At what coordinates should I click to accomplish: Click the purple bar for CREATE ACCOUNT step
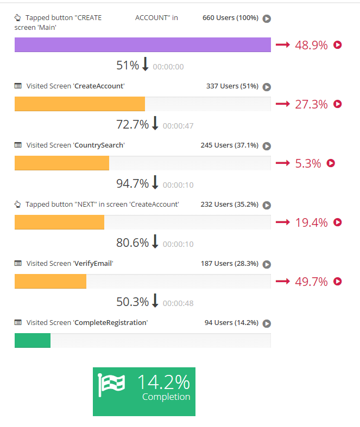(x=142, y=45)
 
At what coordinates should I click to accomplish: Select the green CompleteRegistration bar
(x=33, y=340)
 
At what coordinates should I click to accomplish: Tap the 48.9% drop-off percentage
(x=311, y=45)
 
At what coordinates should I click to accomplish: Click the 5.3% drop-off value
(x=308, y=163)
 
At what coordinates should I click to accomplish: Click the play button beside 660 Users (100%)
(x=267, y=18)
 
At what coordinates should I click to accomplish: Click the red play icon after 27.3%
(x=338, y=104)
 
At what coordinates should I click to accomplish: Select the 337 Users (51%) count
(x=232, y=86)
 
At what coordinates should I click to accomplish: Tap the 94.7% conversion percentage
(x=132, y=184)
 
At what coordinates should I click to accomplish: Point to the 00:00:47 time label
(x=178, y=126)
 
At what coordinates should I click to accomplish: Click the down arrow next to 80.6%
(x=155, y=242)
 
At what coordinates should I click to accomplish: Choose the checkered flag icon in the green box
(x=111, y=385)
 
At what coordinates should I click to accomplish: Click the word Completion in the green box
(x=166, y=397)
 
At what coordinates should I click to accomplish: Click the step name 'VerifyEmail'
(x=93, y=264)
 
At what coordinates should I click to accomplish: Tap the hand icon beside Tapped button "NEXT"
(x=18, y=205)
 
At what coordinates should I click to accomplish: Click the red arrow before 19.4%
(x=283, y=222)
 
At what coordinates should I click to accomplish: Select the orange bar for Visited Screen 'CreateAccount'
(x=79, y=104)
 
